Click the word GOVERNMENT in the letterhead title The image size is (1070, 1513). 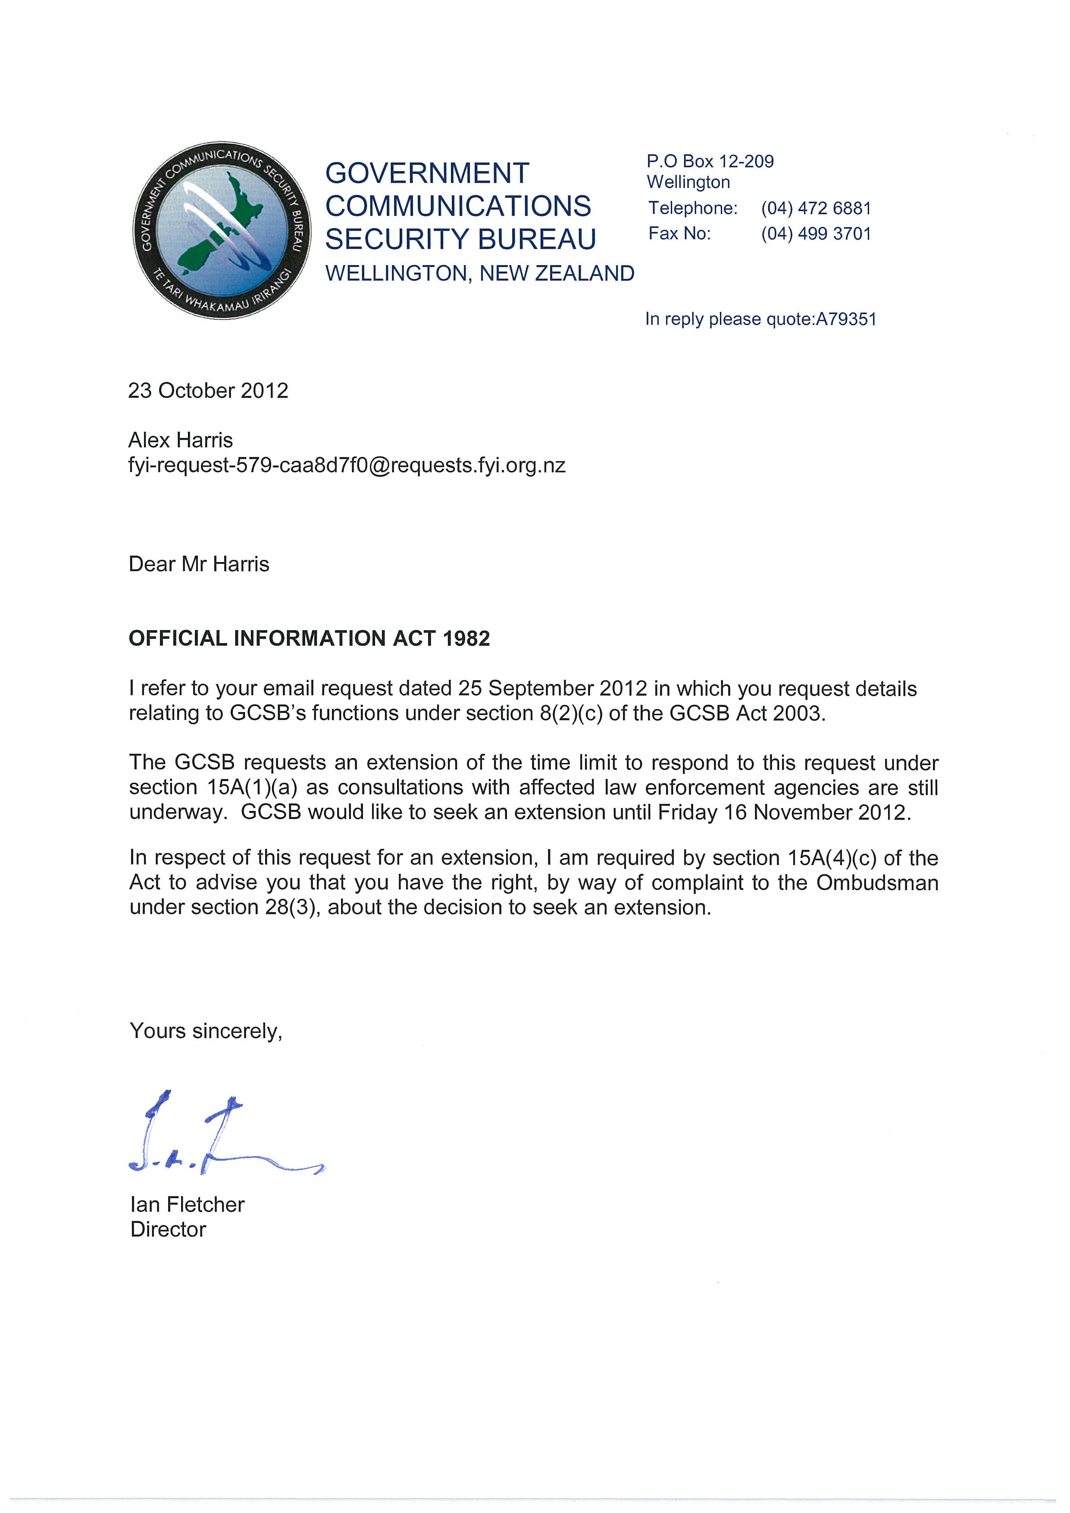(x=427, y=173)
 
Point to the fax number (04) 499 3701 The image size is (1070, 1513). (x=816, y=234)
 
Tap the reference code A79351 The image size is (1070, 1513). (x=846, y=319)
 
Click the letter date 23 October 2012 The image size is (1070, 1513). (x=208, y=391)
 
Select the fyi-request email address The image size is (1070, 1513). (x=347, y=466)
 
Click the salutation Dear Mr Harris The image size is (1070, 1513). (x=199, y=564)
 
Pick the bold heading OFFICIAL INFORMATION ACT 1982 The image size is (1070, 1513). (x=309, y=638)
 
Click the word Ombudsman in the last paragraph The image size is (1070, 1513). (x=877, y=883)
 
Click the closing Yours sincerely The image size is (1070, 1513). (x=206, y=1031)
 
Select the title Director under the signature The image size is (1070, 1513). (x=168, y=1230)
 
